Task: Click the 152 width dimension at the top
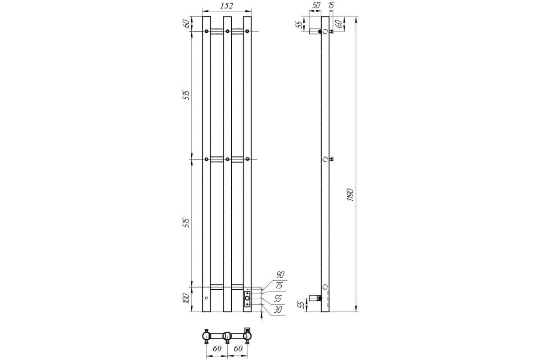click(x=227, y=6)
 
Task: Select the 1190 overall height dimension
click(x=350, y=195)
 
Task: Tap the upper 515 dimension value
click(x=186, y=95)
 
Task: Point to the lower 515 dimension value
click(x=186, y=223)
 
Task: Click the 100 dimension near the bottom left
click(x=186, y=298)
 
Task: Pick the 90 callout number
click(x=280, y=274)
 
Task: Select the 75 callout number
click(x=279, y=285)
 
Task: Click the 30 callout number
click(x=278, y=310)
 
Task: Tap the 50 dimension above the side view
click(x=316, y=5)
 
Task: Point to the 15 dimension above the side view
click(x=331, y=5)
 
